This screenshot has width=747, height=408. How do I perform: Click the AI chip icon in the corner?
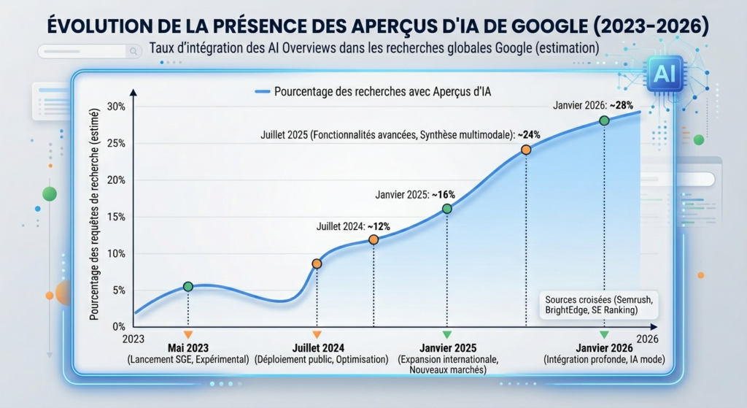tap(665, 74)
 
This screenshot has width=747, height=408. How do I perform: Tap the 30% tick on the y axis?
tap(116, 107)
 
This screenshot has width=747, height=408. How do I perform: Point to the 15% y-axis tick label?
tap(116, 217)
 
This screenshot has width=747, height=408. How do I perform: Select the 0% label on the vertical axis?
tap(118, 326)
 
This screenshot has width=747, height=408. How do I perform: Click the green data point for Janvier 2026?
tap(604, 120)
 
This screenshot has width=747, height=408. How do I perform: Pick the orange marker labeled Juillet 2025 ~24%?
tap(526, 150)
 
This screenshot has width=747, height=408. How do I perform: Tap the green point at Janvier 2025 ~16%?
tap(447, 209)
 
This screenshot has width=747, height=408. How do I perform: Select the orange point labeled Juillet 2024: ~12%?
tap(373, 239)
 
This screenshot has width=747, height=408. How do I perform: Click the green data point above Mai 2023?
tap(188, 287)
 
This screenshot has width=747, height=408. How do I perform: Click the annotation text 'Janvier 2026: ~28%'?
tap(593, 104)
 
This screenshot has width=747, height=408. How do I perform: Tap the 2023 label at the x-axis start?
tap(134, 339)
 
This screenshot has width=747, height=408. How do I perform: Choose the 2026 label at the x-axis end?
tap(648, 339)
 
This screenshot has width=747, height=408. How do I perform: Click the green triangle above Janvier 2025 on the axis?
tap(447, 334)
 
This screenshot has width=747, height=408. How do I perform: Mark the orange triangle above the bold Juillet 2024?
tap(317, 334)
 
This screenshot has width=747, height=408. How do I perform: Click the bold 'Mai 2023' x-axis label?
tap(188, 347)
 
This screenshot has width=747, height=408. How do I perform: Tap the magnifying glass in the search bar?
tap(133, 52)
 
